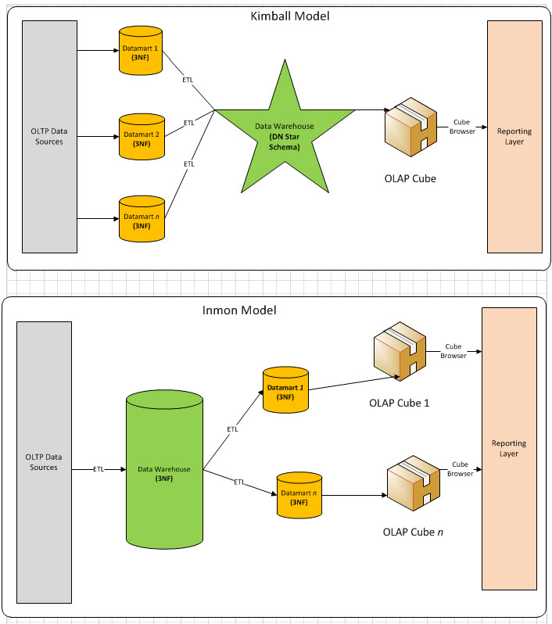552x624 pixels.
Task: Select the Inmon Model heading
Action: click(x=240, y=310)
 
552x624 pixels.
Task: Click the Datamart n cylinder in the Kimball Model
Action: click(x=141, y=218)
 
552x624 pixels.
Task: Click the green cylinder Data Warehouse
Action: click(x=164, y=469)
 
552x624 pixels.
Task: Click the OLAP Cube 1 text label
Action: click(x=400, y=403)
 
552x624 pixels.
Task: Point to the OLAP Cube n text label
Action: click(x=414, y=533)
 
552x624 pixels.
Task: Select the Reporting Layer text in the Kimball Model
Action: click(x=514, y=137)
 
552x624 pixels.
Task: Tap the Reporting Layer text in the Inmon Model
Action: click(x=509, y=448)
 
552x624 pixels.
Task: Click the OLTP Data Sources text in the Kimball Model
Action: click(x=50, y=134)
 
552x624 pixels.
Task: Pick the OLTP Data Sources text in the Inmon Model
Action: click(x=44, y=462)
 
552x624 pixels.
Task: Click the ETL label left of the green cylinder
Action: click(x=99, y=469)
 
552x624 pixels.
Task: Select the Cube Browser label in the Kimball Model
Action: click(x=461, y=126)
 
